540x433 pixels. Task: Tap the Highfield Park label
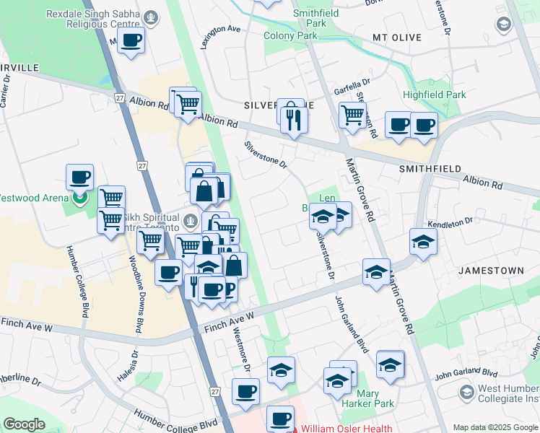435,95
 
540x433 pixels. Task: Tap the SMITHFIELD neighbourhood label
430,169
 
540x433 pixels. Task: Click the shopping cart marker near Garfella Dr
352,114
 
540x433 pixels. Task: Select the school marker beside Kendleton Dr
423,242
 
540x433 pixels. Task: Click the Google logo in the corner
24,424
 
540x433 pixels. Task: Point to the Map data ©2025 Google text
495,427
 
